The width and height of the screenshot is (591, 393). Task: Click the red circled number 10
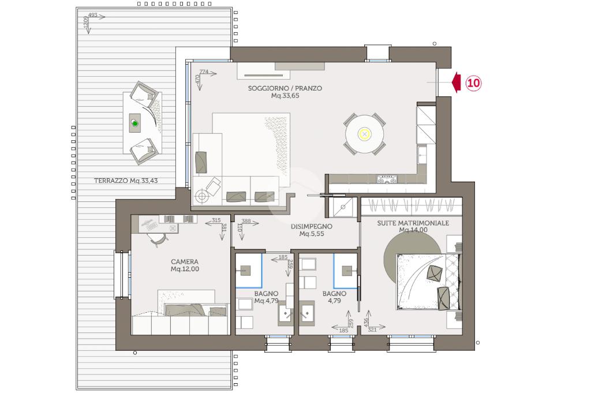pos(473,83)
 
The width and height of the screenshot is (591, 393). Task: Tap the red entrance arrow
pos(456,82)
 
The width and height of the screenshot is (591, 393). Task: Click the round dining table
pos(365,134)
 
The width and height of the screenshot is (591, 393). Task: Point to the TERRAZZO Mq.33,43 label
pos(126,181)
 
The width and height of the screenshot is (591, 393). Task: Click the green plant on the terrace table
pos(135,123)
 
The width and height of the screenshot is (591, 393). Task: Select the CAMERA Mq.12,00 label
pos(185,265)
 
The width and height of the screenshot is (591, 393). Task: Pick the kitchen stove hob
pos(387,179)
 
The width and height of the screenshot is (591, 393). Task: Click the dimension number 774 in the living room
pos(204,72)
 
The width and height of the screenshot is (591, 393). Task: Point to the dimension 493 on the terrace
pos(93,15)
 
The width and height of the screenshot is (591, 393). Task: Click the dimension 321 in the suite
pos(372,330)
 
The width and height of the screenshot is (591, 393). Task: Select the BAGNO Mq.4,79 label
pos(266,297)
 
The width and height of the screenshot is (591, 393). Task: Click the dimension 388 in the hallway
pos(246,221)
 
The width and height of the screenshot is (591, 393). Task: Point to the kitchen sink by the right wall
pos(422,154)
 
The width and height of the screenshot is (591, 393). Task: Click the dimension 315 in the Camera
pos(216,220)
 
